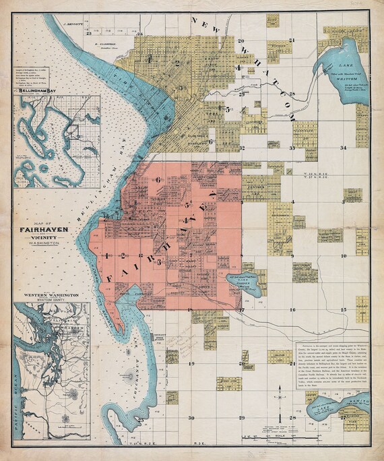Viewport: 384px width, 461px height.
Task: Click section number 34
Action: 343,147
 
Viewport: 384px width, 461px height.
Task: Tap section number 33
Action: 292,147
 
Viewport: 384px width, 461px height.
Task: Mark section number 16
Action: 292,309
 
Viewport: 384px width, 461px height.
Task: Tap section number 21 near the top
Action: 292,40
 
